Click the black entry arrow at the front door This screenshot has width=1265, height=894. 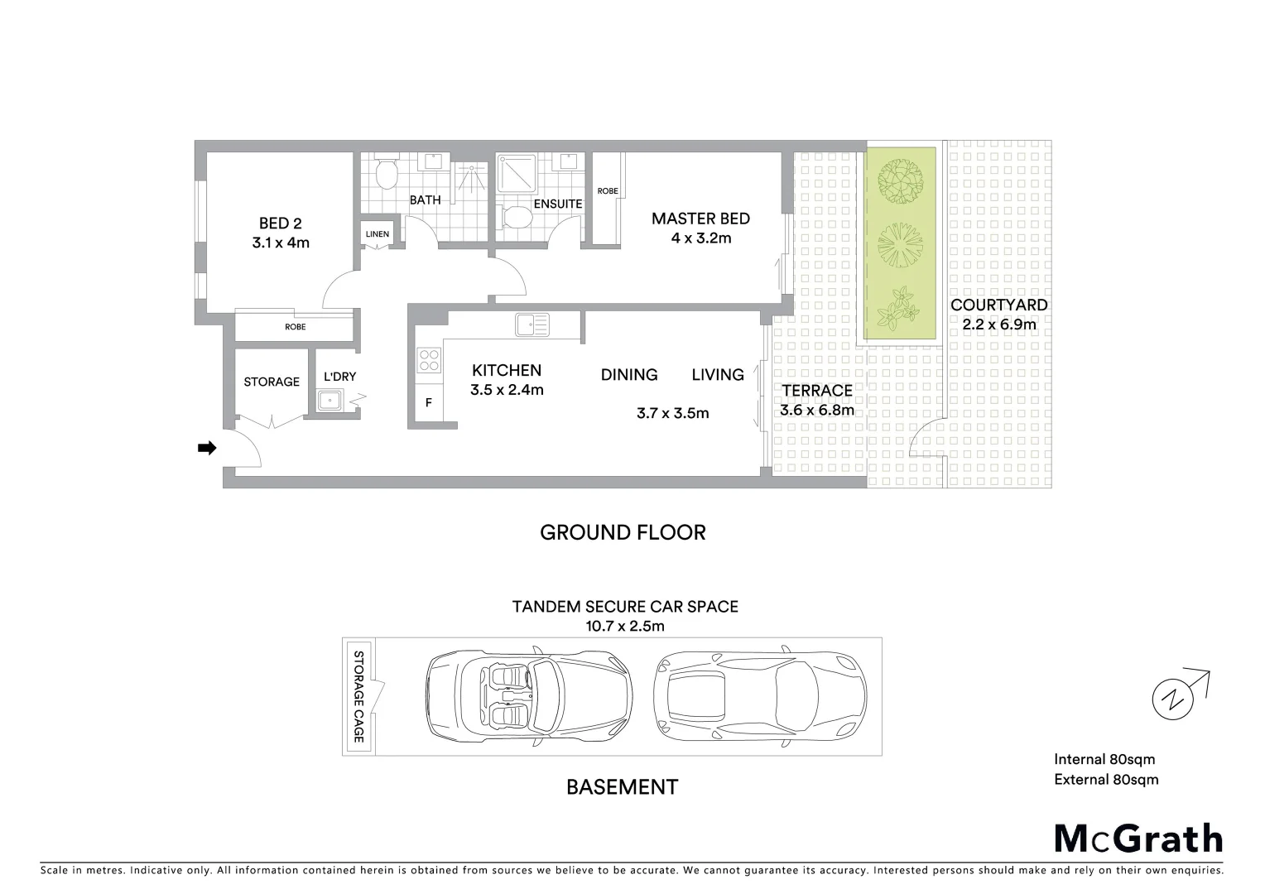(206, 448)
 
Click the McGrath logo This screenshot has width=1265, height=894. (1138, 839)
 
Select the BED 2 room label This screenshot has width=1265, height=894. (280, 223)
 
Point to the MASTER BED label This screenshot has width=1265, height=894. (700, 219)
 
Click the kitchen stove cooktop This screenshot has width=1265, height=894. (429, 360)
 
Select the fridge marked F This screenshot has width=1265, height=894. (428, 404)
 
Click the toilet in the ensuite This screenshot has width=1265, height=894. (517, 218)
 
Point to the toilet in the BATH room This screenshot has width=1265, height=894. (386, 175)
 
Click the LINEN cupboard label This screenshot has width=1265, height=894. (378, 234)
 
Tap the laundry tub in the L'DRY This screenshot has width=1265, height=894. (333, 402)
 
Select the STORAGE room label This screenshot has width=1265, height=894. (272, 382)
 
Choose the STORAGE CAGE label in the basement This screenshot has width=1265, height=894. (359, 696)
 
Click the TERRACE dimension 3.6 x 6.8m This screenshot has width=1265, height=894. (816, 410)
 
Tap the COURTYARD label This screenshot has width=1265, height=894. (998, 305)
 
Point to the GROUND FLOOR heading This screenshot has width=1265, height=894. (623, 532)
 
